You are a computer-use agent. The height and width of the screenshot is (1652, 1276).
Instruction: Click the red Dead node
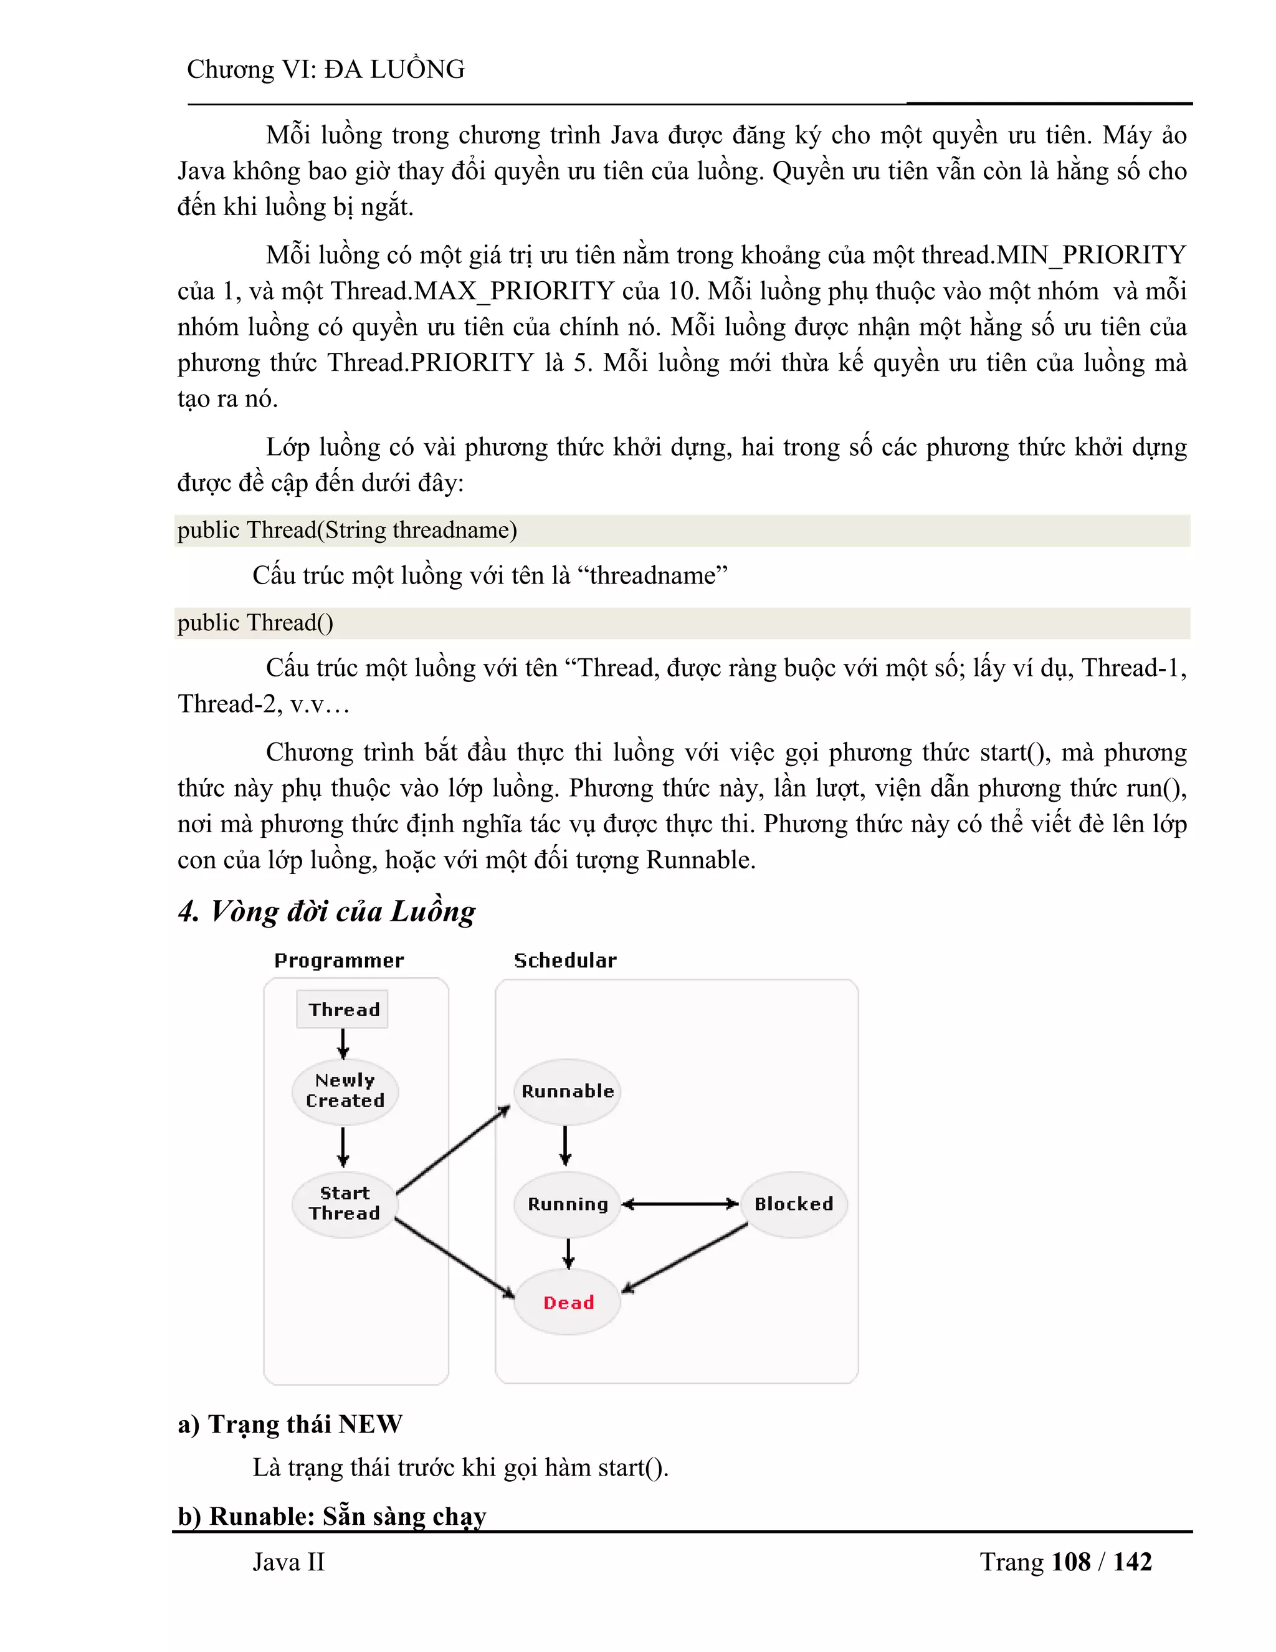coord(568,1302)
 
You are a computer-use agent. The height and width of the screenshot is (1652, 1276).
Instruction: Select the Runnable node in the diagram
coord(568,1092)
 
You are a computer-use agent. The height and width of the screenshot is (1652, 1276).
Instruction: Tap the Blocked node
coord(794,1204)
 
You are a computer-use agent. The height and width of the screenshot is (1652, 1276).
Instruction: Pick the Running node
coord(568,1204)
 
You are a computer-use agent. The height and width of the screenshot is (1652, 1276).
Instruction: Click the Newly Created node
coord(345,1091)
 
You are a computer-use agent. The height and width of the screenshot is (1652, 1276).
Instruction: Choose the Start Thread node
coord(345,1203)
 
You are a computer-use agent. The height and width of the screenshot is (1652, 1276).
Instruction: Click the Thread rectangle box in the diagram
coord(343,1009)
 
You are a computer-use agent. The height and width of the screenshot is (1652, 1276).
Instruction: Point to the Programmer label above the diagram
coord(339,961)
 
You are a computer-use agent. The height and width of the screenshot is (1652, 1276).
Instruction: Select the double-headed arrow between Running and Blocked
coord(680,1204)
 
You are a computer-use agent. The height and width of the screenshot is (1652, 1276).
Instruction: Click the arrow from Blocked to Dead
coord(684,1257)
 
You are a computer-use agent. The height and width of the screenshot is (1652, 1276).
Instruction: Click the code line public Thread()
coord(255,623)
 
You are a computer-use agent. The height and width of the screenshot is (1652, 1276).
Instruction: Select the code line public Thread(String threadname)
coord(347,531)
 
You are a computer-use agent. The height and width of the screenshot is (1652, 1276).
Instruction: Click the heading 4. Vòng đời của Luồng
coord(326,911)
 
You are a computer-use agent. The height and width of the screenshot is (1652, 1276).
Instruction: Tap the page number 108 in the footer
coord(1070,1562)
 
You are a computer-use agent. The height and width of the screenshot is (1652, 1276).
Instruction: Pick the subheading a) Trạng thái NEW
coord(290,1424)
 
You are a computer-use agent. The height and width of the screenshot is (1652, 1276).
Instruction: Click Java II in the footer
coord(288,1562)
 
